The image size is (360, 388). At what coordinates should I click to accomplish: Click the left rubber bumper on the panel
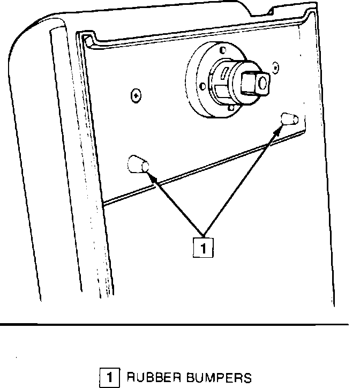137,164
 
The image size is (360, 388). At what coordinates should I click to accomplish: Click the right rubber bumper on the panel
290,119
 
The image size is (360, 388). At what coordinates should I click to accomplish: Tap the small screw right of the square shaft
275,67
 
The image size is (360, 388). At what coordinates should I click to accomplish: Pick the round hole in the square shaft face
262,83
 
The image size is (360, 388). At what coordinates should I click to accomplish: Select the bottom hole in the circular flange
230,108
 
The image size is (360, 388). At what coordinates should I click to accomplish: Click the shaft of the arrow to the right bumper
241,182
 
